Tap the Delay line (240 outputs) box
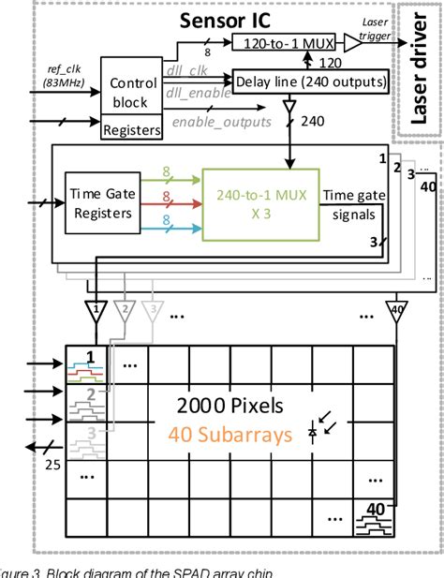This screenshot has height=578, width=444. [x=310, y=82]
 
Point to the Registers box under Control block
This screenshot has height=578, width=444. [x=129, y=131]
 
